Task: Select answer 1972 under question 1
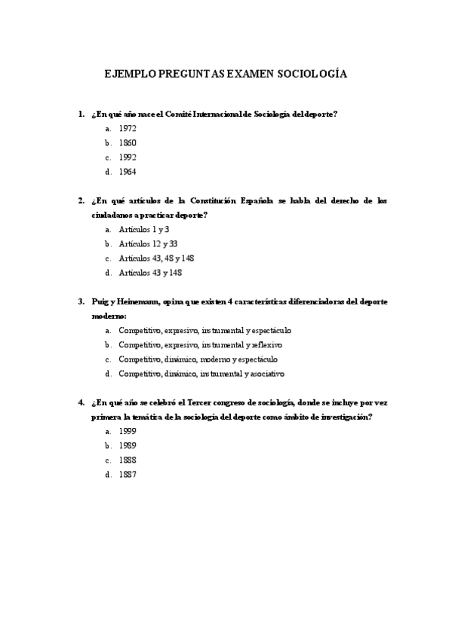click(x=128, y=128)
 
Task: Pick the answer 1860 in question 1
click(x=128, y=142)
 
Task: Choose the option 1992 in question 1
click(x=128, y=157)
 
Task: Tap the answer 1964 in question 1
click(x=128, y=171)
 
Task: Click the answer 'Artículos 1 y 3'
click(x=144, y=229)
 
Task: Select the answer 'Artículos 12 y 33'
click(x=148, y=243)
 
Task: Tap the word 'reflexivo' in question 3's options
click(x=264, y=344)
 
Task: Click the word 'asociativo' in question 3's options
click(x=265, y=373)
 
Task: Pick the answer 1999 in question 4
click(x=128, y=431)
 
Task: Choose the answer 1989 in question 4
click(x=128, y=445)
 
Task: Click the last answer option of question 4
click(x=128, y=474)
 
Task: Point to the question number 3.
click(x=81, y=301)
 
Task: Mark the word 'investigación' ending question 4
click(x=349, y=417)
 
